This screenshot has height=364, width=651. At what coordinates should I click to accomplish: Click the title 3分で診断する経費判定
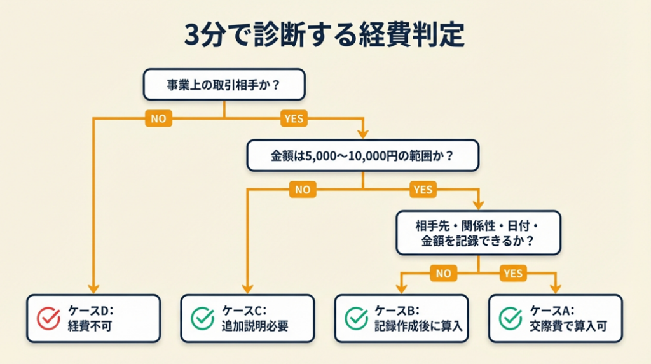click(x=325, y=36)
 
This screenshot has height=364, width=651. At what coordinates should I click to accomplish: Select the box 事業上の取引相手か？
click(x=224, y=85)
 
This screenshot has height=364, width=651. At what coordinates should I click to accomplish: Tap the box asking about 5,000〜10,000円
click(x=362, y=155)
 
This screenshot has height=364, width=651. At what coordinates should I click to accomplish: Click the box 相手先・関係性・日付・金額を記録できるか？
click(x=479, y=233)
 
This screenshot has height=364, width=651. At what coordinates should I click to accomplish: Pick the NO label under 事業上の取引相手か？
click(x=158, y=118)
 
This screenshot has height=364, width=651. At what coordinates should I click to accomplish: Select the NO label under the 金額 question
click(x=303, y=190)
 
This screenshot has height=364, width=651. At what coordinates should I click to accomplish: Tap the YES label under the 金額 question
click(x=423, y=190)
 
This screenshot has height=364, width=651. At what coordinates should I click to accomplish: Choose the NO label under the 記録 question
click(x=443, y=274)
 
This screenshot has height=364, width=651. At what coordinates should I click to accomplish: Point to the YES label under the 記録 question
click(x=512, y=274)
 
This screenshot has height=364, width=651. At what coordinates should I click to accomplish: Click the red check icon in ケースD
click(x=49, y=319)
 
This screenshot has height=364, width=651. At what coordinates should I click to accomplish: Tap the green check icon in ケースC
click(x=203, y=319)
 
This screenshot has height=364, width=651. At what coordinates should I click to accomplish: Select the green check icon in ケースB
click(x=356, y=319)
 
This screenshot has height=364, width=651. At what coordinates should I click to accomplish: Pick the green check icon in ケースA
click(x=511, y=319)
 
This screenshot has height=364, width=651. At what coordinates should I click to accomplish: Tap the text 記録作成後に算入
click(x=418, y=326)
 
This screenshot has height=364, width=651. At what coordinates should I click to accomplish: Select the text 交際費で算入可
click(x=568, y=326)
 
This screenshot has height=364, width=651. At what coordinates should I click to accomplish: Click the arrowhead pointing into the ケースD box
click(x=93, y=288)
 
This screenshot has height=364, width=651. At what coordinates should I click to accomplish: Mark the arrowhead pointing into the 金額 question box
click(x=362, y=135)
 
